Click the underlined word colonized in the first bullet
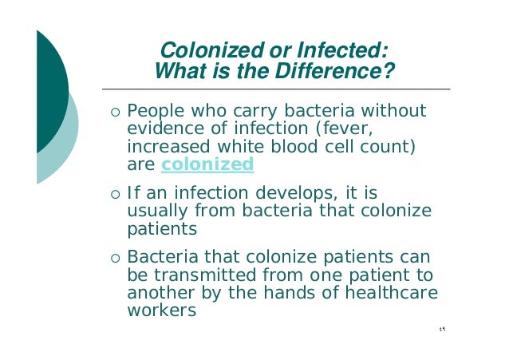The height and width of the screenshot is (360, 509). pos(207,165)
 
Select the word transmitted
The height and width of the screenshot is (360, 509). pos(199,275)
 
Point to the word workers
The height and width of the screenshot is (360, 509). pos(162,311)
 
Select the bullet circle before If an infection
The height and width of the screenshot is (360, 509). pos(116,195)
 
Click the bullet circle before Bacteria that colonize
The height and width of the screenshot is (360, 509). pos(116,259)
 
